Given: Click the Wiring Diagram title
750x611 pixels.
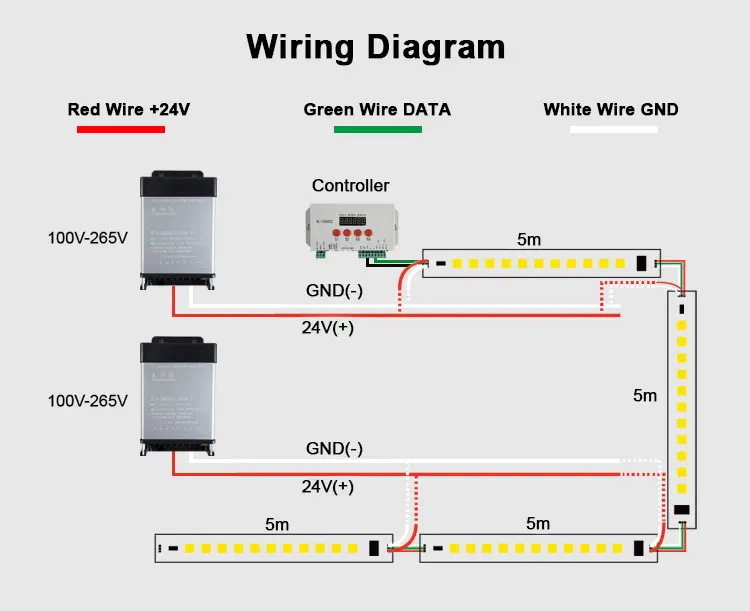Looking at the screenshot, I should pos(375,47).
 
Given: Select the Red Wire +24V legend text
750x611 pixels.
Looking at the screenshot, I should pos(128,109).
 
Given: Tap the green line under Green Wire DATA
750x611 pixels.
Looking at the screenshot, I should pos(377,129).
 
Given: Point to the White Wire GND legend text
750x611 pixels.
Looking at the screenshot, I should pos(611,109).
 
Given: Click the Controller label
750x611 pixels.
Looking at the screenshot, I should pos(350,185).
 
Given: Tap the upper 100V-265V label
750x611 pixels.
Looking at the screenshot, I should pos(88,238).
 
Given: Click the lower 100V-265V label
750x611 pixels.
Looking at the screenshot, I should pos(88,401).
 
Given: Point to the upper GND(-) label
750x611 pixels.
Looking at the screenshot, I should pos(334,290).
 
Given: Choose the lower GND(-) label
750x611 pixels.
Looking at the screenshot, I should pos(334,449).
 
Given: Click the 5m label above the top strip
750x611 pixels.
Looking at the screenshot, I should pos(528,239).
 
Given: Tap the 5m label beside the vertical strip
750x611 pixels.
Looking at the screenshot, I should pos(645,395).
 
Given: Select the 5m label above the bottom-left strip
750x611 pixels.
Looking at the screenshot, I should pos(277,523).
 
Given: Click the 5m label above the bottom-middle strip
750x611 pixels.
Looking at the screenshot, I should pos(537,523).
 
